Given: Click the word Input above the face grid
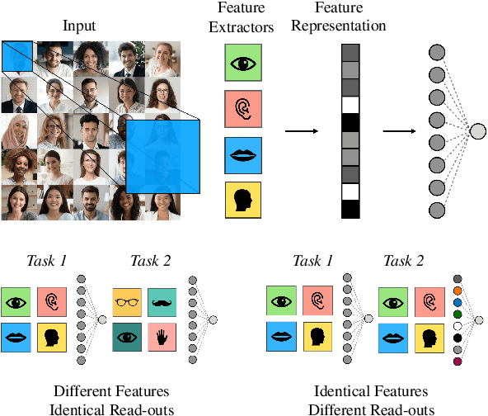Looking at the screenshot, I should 79,26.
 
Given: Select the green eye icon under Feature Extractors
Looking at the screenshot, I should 243,63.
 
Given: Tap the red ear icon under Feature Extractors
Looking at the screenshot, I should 243,108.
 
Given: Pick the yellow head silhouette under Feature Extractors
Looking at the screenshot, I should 243,200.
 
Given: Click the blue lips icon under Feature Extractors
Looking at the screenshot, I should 243,154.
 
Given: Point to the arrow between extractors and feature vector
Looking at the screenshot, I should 303,130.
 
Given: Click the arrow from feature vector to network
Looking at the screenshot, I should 399,130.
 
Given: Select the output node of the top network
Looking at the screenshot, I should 476,130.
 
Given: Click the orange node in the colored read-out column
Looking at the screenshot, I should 458,291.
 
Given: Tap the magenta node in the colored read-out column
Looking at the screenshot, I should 458,361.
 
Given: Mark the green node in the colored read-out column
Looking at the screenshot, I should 458,314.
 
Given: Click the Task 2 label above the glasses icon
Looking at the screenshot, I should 150,262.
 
